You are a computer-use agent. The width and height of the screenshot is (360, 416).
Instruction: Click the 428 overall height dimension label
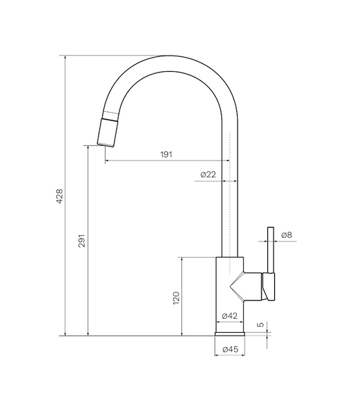pyautogui.click(x=60, y=196)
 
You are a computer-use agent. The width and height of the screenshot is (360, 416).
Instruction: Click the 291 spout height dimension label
pyautogui.click(x=82, y=241)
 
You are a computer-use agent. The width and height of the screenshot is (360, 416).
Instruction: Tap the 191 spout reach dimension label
pyautogui.click(x=166, y=154)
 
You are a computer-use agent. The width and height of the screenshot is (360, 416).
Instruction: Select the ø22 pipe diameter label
pyautogui.click(x=208, y=175)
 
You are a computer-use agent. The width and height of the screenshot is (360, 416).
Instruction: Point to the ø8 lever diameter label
pyautogui.click(x=287, y=235)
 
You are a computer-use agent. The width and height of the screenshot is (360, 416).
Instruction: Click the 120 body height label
pyautogui.click(x=176, y=298)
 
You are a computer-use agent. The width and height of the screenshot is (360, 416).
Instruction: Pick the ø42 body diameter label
pyautogui.click(x=230, y=316)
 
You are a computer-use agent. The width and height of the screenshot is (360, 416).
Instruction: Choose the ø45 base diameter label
pyautogui.click(x=231, y=349)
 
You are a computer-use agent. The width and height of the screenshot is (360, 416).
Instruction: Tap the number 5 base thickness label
pyautogui.click(x=261, y=324)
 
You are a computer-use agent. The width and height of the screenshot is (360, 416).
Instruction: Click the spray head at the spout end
pyautogui.click(x=107, y=132)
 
